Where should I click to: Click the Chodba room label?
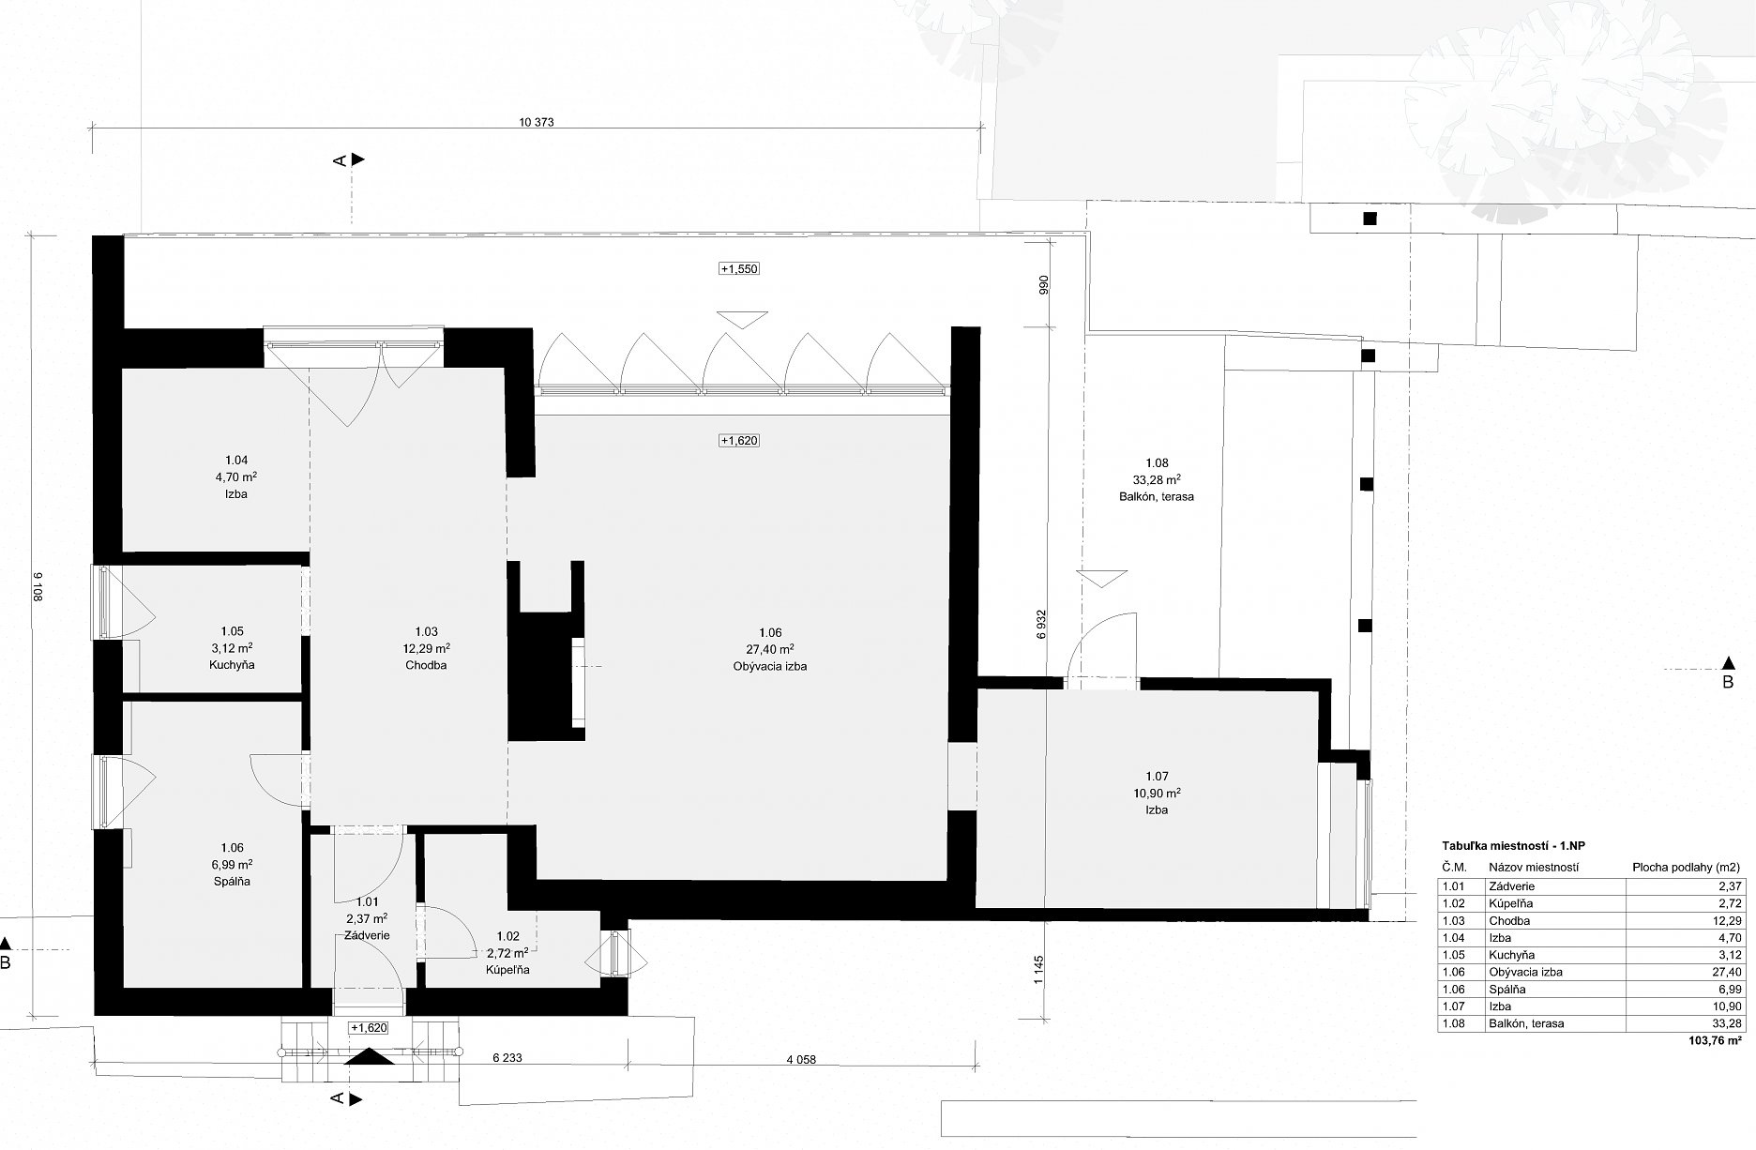pyautogui.click(x=426, y=665)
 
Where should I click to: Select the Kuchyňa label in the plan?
pyautogui.click(x=233, y=665)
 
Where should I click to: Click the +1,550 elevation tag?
pyautogui.click(x=738, y=269)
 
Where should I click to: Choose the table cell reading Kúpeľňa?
pyautogui.click(x=1510, y=903)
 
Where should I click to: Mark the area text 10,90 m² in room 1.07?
pyautogui.click(x=1157, y=793)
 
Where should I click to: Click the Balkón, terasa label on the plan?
pyautogui.click(x=1157, y=496)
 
